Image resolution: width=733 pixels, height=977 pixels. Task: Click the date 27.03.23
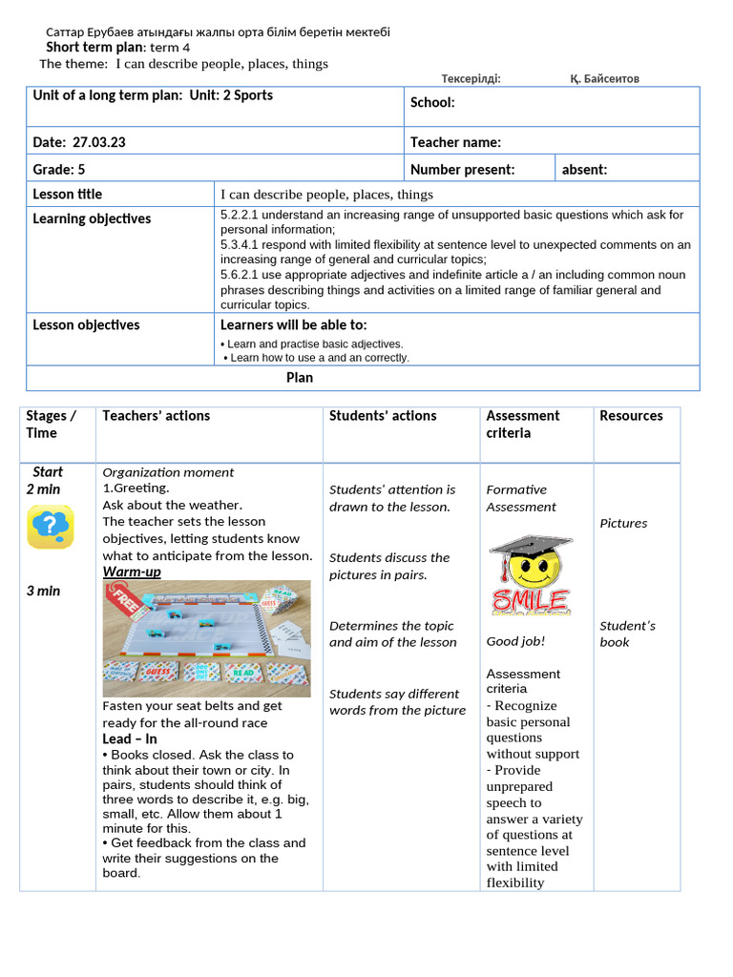[x=99, y=142]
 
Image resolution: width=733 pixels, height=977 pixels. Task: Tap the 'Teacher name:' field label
[x=455, y=142]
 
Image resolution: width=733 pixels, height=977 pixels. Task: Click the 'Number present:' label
[x=462, y=170]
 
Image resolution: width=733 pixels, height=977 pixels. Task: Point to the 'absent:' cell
[x=584, y=170]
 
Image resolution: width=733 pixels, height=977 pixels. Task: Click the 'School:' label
[x=432, y=103]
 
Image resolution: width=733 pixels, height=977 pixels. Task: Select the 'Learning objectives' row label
[x=92, y=218]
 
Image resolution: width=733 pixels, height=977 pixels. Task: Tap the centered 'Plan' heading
[x=300, y=377]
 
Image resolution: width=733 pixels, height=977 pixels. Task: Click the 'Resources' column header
[x=631, y=416]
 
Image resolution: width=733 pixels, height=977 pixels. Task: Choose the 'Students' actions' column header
[x=383, y=416]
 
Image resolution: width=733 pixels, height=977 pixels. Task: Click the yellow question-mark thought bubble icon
[x=50, y=528]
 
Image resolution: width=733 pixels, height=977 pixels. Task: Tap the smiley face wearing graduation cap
[x=531, y=574]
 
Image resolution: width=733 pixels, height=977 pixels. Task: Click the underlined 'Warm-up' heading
[x=132, y=572]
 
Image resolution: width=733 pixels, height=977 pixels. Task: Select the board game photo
[x=206, y=637]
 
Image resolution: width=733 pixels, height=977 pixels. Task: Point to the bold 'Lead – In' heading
[x=130, y=738]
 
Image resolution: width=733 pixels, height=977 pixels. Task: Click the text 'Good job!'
[x=515, y=641]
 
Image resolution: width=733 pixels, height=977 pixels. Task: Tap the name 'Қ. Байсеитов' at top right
[x=604, y=78]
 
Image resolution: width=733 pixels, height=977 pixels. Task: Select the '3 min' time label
[x=43, y=591]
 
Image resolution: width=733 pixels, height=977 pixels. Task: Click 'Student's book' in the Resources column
[x=627, y=634]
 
